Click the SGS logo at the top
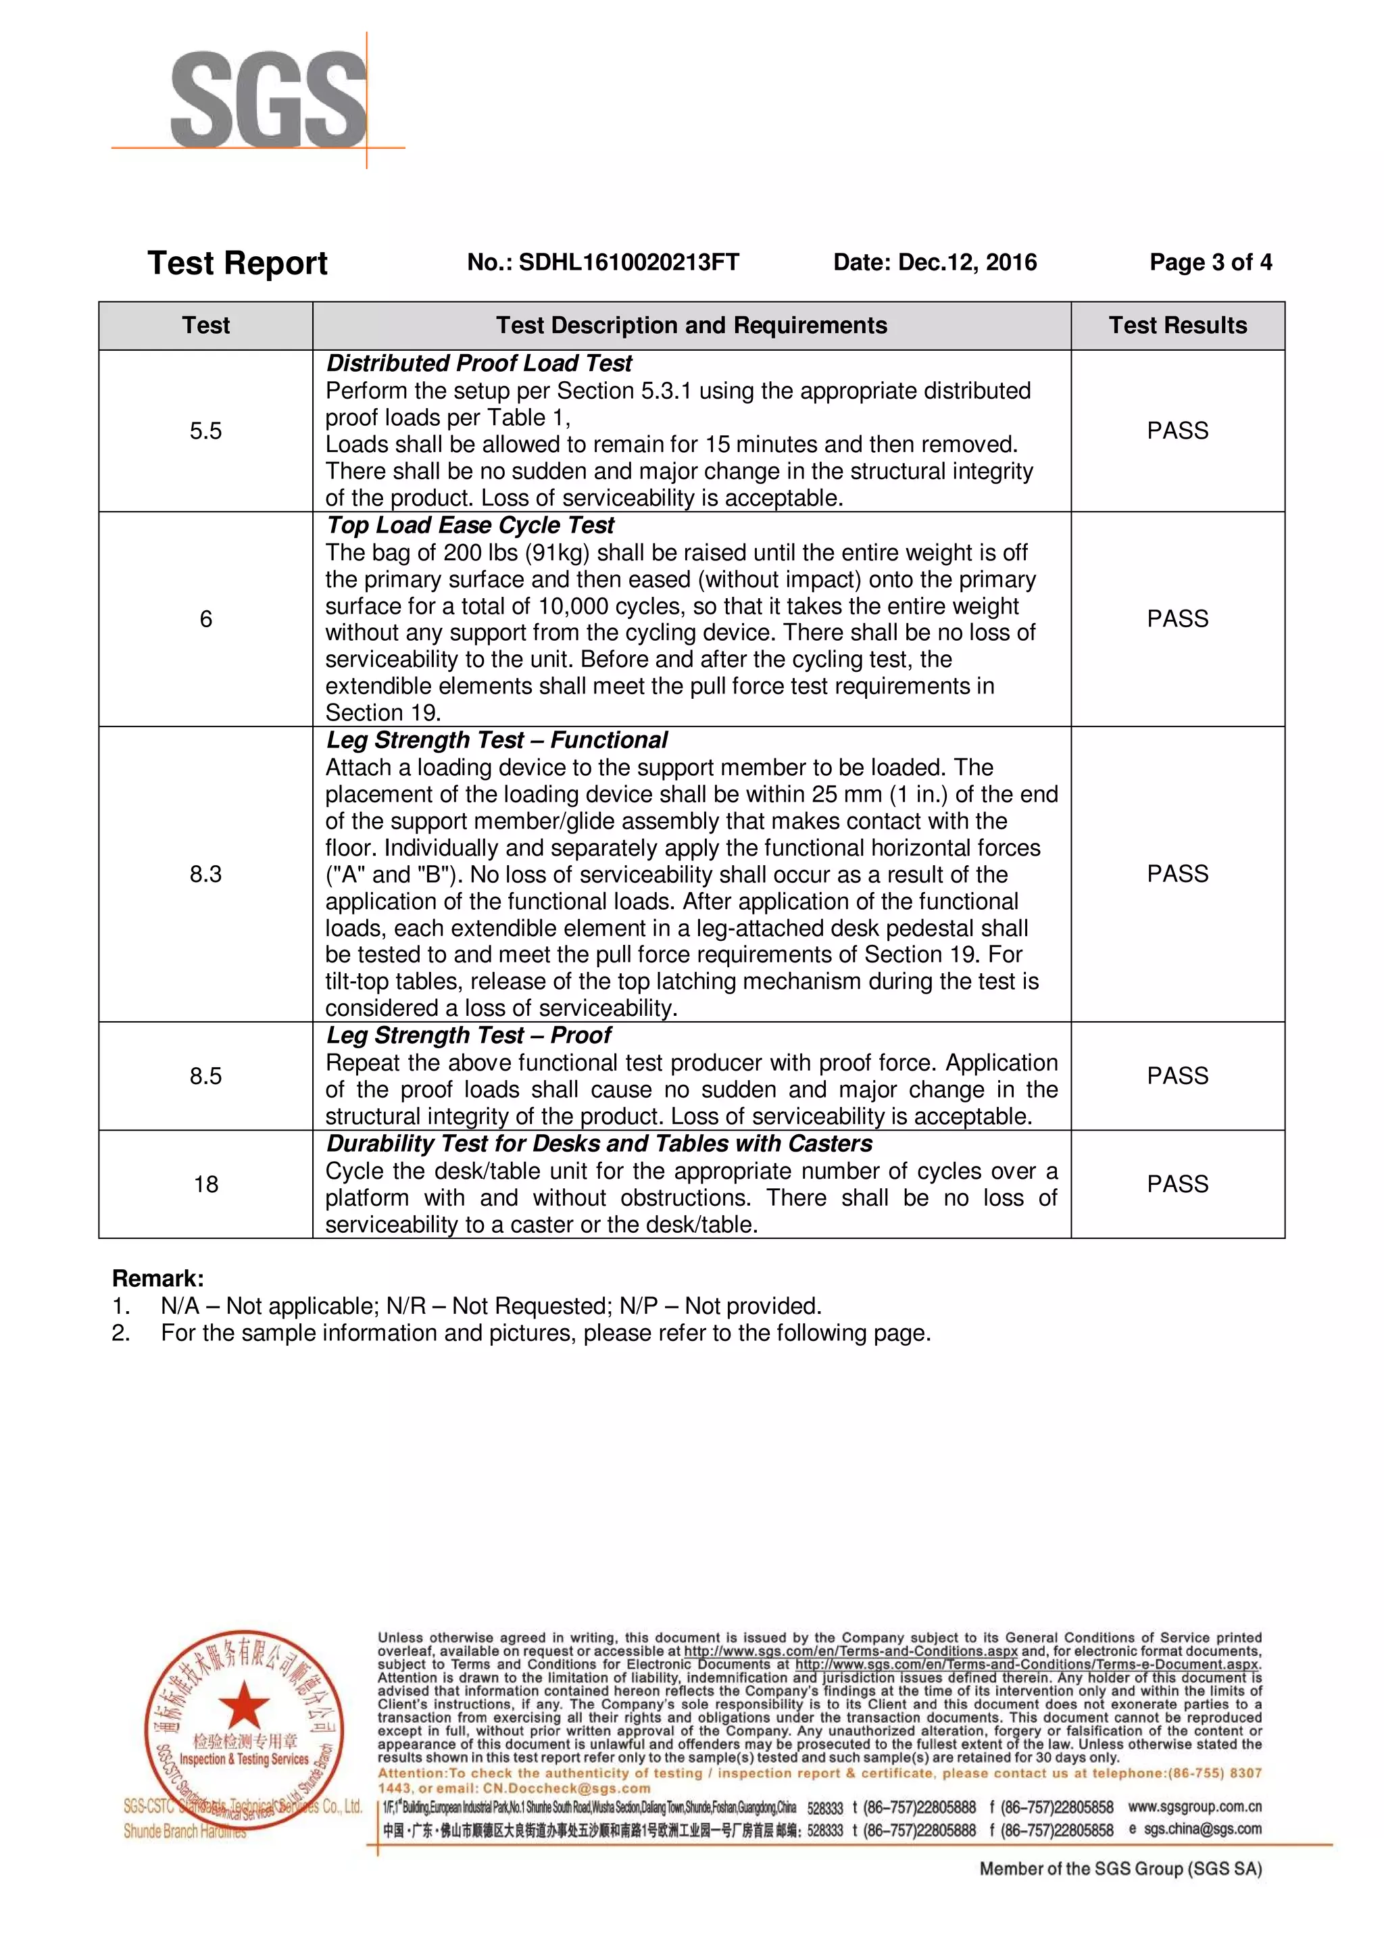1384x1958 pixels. coord(268,101)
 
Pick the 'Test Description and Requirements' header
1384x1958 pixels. coord(691,325)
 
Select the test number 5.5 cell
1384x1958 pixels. coord(205,431)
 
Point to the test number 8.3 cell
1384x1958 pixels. coord(205,873)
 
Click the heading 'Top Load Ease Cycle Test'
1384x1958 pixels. coord(470,525)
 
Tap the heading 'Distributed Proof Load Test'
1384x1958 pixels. coord(478,364)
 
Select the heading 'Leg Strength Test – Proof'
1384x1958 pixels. coord(468,1035)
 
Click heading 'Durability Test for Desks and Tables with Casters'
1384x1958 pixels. coord(599,1144)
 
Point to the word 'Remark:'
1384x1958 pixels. coord(157,1278)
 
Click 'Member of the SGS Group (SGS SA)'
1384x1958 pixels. coord(1120,1869)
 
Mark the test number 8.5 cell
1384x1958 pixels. coord(205,1075)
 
